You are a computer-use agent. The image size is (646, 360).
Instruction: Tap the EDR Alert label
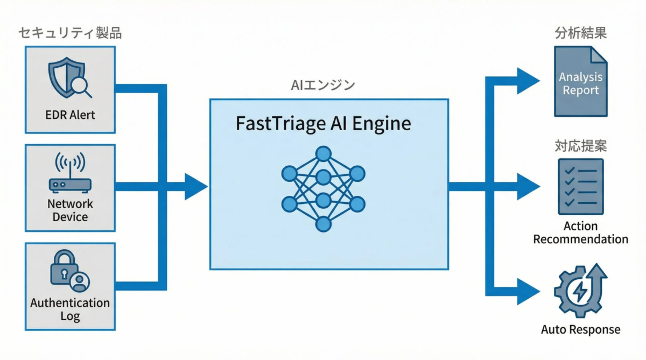(x=71, y=115)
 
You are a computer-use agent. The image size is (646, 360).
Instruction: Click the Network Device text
(x=70, y=210)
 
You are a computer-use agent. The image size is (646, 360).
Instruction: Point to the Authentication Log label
(x=70, y=309)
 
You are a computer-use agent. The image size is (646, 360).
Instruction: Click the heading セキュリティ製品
(x=70, y=33)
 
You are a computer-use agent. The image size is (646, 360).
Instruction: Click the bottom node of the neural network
(x=322, y=224)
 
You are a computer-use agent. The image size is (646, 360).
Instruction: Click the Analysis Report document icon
(x=580, y=82)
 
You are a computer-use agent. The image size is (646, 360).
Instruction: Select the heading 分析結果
(x=580, y=33)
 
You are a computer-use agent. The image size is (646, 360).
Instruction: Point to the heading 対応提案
(x=580, y=146)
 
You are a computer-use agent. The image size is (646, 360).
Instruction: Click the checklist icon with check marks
(x=580, y=187)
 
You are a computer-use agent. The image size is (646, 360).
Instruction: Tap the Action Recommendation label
(x=580, y=232)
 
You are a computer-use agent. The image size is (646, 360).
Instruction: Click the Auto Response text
(x=580, y=329)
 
